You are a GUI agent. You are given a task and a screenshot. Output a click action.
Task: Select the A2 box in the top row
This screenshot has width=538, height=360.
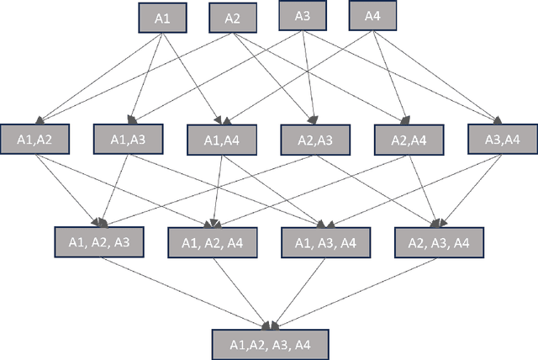(233, 19)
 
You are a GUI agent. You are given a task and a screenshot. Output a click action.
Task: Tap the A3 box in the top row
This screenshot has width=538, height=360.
(303, 15)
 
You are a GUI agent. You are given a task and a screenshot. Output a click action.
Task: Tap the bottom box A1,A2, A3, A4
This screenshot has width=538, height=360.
(268, 344)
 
